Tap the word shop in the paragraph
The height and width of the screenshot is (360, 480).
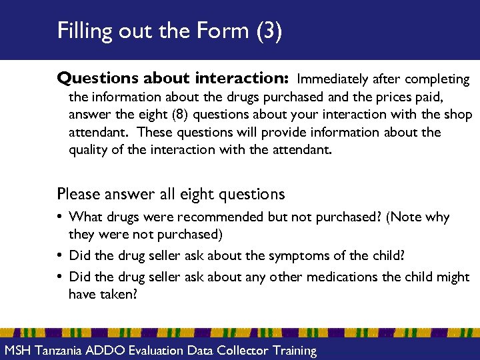click(458, 115)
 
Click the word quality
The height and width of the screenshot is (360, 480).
click(90, 150)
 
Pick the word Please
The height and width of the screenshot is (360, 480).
click(78, 194)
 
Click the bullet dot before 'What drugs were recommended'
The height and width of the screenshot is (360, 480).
click(61, 217)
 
